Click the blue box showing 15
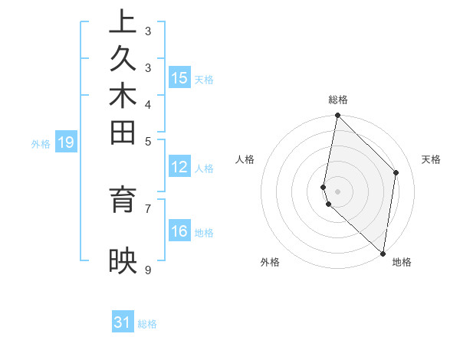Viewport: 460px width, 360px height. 179,78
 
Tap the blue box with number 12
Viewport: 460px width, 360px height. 179,168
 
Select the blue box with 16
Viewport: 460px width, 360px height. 179,232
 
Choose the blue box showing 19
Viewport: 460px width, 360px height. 66,142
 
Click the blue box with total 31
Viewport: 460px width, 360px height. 123,322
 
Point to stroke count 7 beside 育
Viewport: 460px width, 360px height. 148,208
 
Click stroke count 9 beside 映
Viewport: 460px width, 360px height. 148,270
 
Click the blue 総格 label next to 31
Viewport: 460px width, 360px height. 147,324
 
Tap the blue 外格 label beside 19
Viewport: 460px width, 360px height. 41,143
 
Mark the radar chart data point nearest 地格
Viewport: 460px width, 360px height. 383,253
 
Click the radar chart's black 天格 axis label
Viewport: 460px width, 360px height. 431,159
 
